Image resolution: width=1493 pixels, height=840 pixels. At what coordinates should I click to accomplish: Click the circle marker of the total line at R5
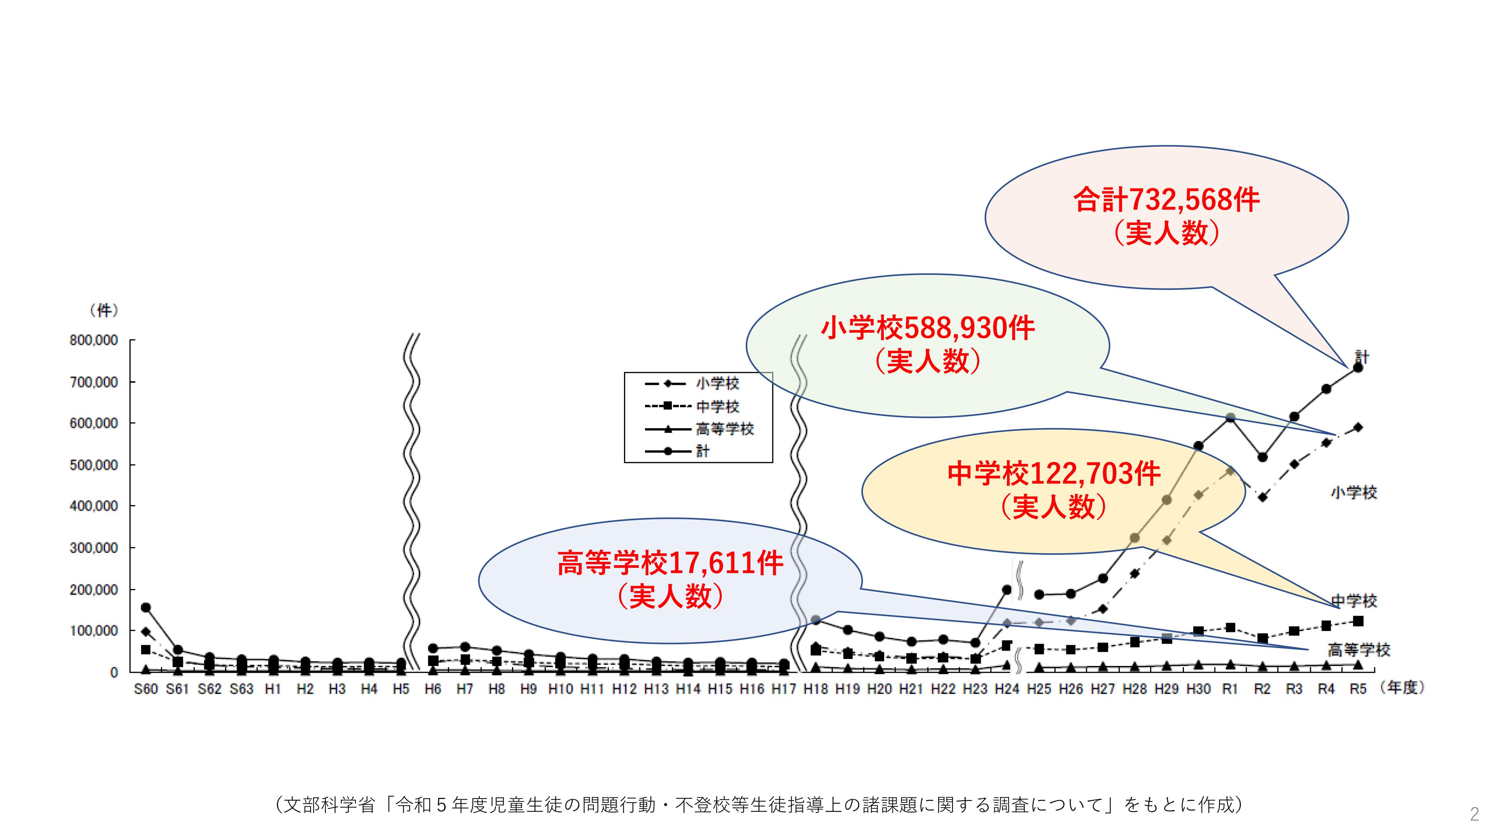coord(1358,367)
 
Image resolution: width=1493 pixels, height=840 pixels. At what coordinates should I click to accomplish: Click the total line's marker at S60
coord(146,607)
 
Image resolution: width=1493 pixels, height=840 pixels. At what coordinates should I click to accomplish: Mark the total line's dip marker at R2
coord(1262,457)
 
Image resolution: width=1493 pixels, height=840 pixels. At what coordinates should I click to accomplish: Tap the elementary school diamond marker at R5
coord(1358,427)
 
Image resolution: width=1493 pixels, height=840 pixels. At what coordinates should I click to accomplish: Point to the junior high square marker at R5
coord(1358,621)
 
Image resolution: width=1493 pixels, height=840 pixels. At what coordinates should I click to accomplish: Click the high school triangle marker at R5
coord(1358,665)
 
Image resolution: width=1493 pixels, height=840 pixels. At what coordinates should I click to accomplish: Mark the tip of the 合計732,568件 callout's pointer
coord(1348,367)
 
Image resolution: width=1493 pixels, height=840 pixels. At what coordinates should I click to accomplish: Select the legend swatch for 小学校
coord(666,383)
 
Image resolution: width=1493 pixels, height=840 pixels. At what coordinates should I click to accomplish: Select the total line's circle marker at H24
coord(1007,589)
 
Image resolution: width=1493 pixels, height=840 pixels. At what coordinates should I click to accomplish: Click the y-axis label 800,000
coord(94,340)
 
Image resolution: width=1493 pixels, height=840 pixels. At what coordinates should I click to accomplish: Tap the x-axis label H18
coord(816,689)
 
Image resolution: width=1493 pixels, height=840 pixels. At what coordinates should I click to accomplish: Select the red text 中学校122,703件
coord(1054,474)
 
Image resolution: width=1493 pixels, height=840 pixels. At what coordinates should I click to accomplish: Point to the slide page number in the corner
coord(1474,815)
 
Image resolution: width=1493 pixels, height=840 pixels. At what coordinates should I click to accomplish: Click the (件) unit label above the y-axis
coord(105,311)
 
